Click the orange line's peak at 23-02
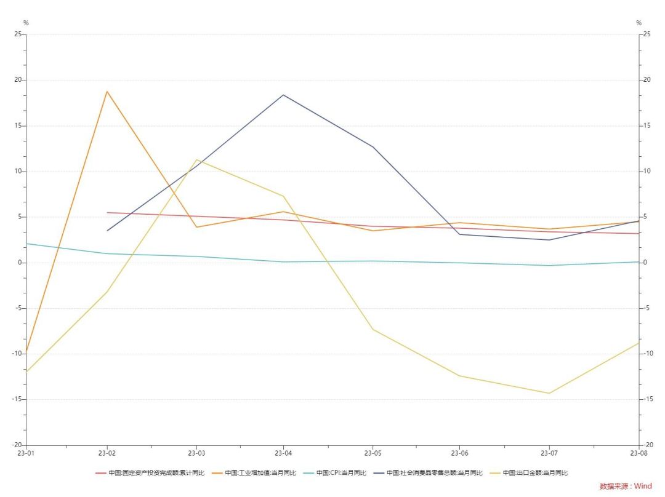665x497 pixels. (x=107, y=92)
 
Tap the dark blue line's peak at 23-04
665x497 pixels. (x=283, y=95)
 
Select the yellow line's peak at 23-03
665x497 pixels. (x=196, y=160)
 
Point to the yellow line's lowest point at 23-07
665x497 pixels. (x=549, y=393)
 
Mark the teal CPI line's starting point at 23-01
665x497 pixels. (x=26, y=244)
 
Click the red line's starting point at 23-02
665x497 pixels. (x=107, y=213)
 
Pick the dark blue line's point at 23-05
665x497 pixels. (x=373, y=147)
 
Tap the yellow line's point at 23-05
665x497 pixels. (x=373, y=329)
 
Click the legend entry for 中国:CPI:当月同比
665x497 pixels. (x=334, y=473)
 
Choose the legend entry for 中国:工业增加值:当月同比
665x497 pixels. (x=254, y=473)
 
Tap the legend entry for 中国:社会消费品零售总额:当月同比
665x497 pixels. (x=428, y=473)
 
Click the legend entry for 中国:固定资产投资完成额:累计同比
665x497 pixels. (x=150, y=473)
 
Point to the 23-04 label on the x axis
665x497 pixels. (x=283, y=453)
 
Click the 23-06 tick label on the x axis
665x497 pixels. (x=460, y=453)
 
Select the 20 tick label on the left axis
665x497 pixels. (x=18, y=80)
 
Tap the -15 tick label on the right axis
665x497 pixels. (x=647, y=399)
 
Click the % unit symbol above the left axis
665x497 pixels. (x=26, y=23)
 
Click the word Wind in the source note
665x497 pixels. (x=643, y=486)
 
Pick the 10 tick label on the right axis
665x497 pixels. (x=647, y=171)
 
